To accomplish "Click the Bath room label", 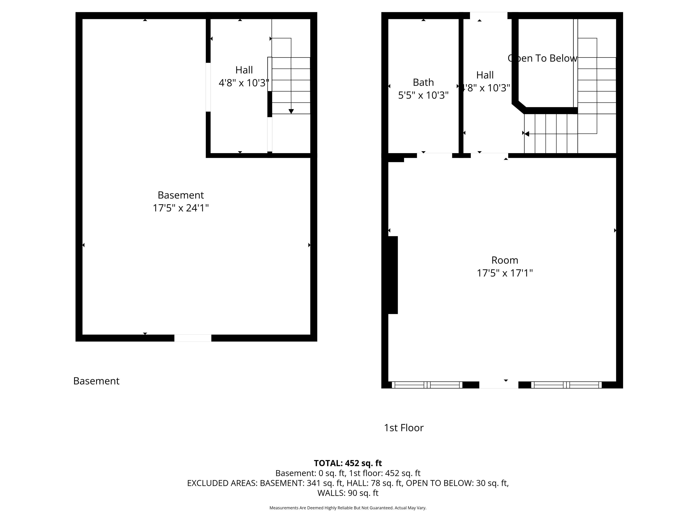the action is [x=423, y=82].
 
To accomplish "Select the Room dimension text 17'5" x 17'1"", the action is [x=505, y=273].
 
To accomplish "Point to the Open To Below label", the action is [x=542, y=58].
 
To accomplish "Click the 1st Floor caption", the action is [x=404, y=428].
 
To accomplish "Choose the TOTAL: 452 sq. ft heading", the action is [x=348, y=463].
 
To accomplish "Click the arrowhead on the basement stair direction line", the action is [x=291, y=111].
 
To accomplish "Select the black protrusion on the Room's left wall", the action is [x=393, y=275].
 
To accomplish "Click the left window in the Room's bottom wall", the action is [x=427, y=385].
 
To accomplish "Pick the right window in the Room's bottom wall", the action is [x=566, y=385].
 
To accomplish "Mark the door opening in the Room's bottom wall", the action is [x=499, y=385].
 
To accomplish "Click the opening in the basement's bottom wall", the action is [x=193, y=338].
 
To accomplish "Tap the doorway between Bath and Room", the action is [x=434, y=156].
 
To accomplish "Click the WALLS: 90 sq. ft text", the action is [x=348, y=493].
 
